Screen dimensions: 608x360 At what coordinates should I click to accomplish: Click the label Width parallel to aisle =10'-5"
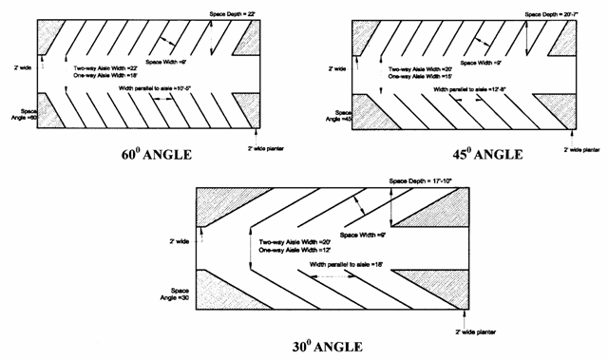tap(162, 89)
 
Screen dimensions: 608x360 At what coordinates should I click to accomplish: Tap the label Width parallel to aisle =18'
tap(333, 263)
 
